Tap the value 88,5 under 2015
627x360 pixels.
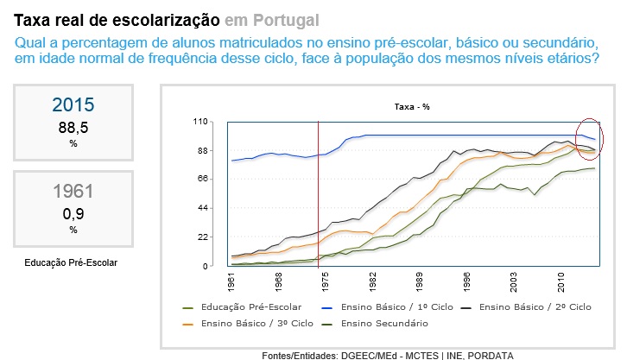click(73, 128)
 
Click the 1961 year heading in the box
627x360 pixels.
click(73, 192)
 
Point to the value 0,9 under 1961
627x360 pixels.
click(73, 213)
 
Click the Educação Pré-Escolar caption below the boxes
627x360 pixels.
click(72, 262)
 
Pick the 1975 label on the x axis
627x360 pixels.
click(325, 282)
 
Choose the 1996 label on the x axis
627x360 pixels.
click(466, 282)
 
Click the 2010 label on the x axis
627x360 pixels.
click(560, 282)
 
